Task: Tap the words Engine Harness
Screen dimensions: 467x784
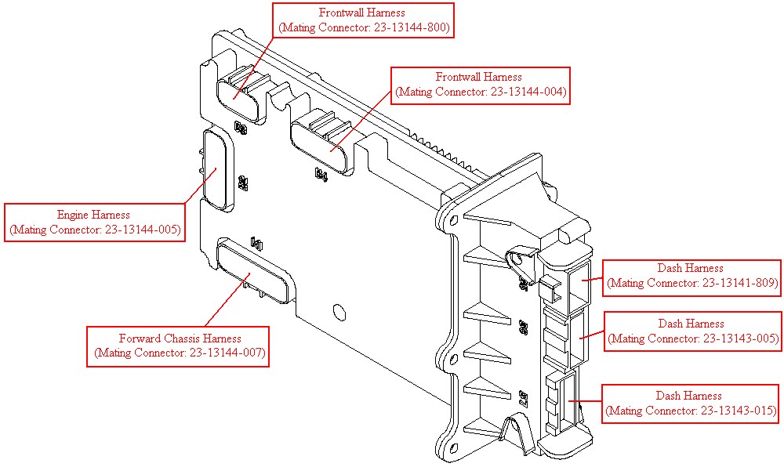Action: coord(93,215)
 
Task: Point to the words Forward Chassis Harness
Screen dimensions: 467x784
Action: coord(180,338)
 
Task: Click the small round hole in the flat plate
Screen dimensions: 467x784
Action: coord(339,312)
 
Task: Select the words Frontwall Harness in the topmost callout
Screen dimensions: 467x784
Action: coord(362,13)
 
